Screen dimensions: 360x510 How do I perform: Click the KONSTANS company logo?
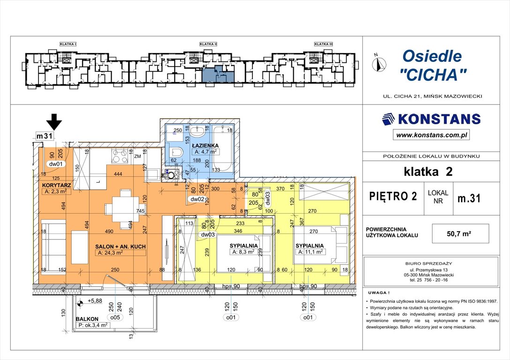431,119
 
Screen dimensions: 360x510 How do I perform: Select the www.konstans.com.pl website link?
431,135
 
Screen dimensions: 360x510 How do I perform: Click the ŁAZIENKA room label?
206,145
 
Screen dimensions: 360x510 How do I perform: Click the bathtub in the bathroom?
222,149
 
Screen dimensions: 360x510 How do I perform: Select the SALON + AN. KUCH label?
121,246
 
